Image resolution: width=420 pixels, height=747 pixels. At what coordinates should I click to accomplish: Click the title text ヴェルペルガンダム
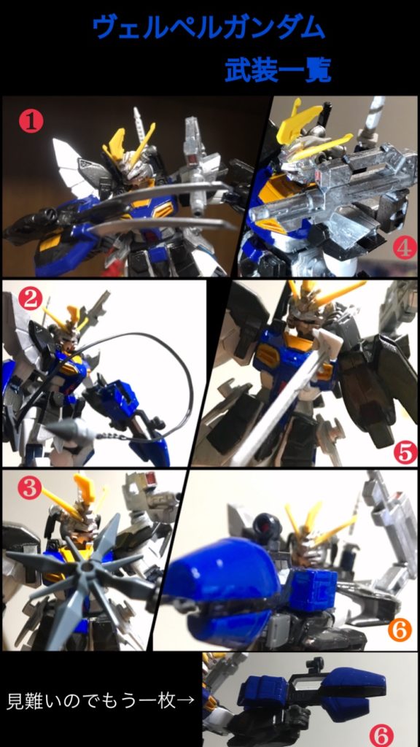click(x=209, y=28)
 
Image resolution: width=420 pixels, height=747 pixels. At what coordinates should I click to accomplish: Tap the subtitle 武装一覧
click(x=278, y=71)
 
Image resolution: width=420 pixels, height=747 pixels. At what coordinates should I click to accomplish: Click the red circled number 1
click(x=31, y=122)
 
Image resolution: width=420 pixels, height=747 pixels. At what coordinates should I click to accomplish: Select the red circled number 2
click(x=31, y=299)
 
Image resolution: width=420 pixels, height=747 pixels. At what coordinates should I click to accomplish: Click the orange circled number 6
click(x=399, y=630)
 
